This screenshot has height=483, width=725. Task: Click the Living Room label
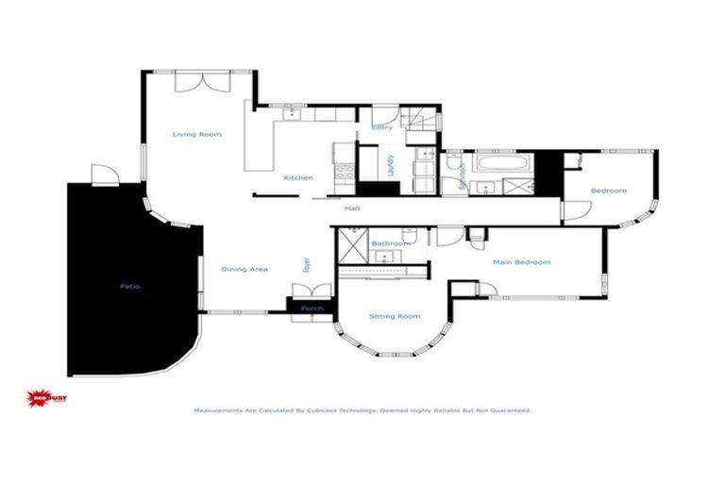pos(196,135)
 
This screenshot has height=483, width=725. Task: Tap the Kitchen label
pos(298,178)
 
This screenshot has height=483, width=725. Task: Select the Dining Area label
pos(244,270)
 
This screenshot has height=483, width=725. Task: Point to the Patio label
pos(129,286)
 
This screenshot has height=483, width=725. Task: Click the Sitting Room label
pos(394,316)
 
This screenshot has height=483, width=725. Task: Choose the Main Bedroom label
pos(521,262)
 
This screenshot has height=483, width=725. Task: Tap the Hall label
pos(352,208)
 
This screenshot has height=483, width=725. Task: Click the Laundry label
pos(390,165)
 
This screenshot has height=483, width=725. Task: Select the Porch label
pos(312,308)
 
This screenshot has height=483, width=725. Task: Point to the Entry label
pos(381,127)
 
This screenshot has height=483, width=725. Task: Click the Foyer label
pos(307,265)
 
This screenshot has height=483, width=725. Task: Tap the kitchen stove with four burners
pos(344,173)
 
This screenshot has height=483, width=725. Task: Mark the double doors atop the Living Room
pos(200,81)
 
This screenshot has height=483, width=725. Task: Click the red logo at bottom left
pos(46,398)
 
